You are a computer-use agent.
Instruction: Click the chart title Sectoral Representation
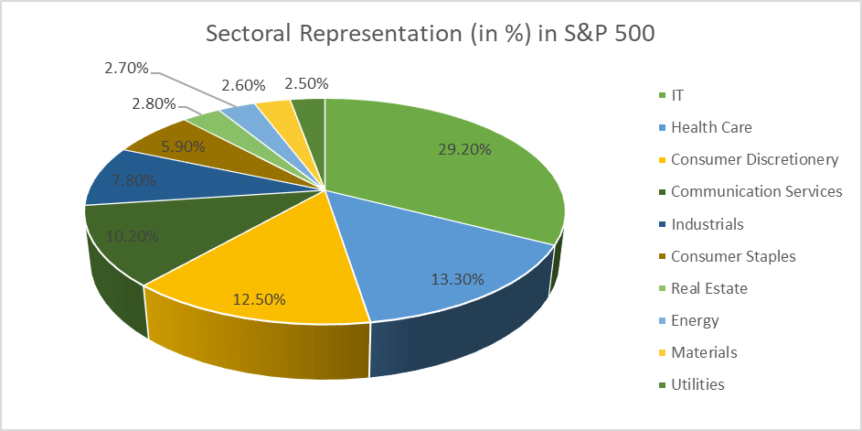click(431, 34)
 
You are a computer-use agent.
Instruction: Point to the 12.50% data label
click(259, 298)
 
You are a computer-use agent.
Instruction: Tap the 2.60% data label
click(243, 85)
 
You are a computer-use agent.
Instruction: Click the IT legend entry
click(677, 95)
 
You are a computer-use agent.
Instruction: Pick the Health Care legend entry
click(711, 128)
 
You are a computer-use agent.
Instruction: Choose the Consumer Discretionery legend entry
click(754, 160)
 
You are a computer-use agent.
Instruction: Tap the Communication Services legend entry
click(756, 192)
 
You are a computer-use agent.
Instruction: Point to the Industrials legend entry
click(707, 224)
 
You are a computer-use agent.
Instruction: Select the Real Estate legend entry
click(708, 288)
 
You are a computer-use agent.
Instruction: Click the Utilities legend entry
click(697, 384)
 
